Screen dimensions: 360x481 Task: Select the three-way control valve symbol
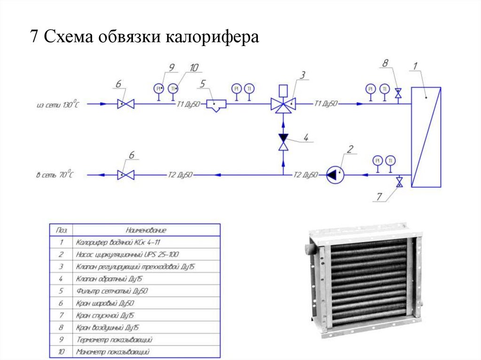pyautogui.click(x=283, y=103)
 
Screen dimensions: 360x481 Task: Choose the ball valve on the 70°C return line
pyautogui.click(x=126, y=175)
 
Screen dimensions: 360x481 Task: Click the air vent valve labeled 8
pyautogui.click(x=398, y=94)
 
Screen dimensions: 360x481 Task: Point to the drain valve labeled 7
pyautogui.click(x=399, y=182)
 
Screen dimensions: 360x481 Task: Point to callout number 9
pyautogui.click(x=172, y=68)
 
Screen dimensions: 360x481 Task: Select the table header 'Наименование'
pyautogui.click(x=146, y=230)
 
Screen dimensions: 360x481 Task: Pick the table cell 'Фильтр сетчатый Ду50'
pyautogui.click(x=111, y=291)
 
